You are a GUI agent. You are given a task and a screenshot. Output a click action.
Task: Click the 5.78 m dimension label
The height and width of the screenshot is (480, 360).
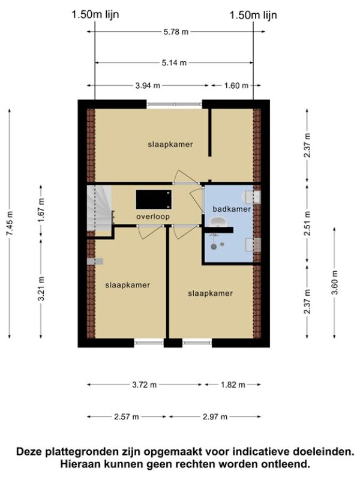[x=176, y=32]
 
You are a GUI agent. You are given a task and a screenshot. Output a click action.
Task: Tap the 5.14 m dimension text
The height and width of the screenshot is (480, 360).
[x=174, y=63]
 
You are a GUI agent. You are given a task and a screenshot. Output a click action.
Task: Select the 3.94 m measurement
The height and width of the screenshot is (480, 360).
[x=148, y=86]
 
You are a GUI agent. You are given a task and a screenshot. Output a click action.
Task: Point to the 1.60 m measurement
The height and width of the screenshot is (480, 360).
[x=236, y=86]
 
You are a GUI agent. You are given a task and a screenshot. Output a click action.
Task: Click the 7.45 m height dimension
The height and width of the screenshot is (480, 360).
[x=10, y=223]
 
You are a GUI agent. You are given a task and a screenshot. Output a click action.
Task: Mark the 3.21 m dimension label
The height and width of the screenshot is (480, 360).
[x=41, y=289]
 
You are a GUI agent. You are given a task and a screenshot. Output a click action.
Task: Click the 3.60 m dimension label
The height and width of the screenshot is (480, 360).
[x=334, y=283]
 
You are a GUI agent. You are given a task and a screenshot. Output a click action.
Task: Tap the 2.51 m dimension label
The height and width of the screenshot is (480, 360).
[x=307, y=223]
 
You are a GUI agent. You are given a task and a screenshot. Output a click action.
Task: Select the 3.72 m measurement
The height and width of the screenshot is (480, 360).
[x=144, y=385]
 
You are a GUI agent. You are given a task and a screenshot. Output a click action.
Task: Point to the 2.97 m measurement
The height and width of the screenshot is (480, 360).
[x=215, y=416]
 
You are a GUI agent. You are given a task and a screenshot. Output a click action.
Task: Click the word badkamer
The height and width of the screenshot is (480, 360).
[x=232, y=209]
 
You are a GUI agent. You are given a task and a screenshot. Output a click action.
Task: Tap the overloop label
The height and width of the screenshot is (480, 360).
[x=153, y=217]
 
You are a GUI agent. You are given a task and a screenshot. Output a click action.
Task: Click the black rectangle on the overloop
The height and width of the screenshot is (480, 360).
[x=154, y=200]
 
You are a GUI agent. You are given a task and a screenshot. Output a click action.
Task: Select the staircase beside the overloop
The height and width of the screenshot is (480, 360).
[x=99, y=208]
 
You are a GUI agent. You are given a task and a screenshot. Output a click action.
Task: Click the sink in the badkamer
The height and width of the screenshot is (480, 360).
[x=218, y=221]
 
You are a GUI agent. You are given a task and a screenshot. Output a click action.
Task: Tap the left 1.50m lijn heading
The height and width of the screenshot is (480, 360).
[x=95, y=14]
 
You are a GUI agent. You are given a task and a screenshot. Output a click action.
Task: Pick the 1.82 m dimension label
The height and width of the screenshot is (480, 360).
[x=233, y=385]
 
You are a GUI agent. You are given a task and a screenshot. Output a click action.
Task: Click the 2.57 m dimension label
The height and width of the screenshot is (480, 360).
[x=127, y=416]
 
